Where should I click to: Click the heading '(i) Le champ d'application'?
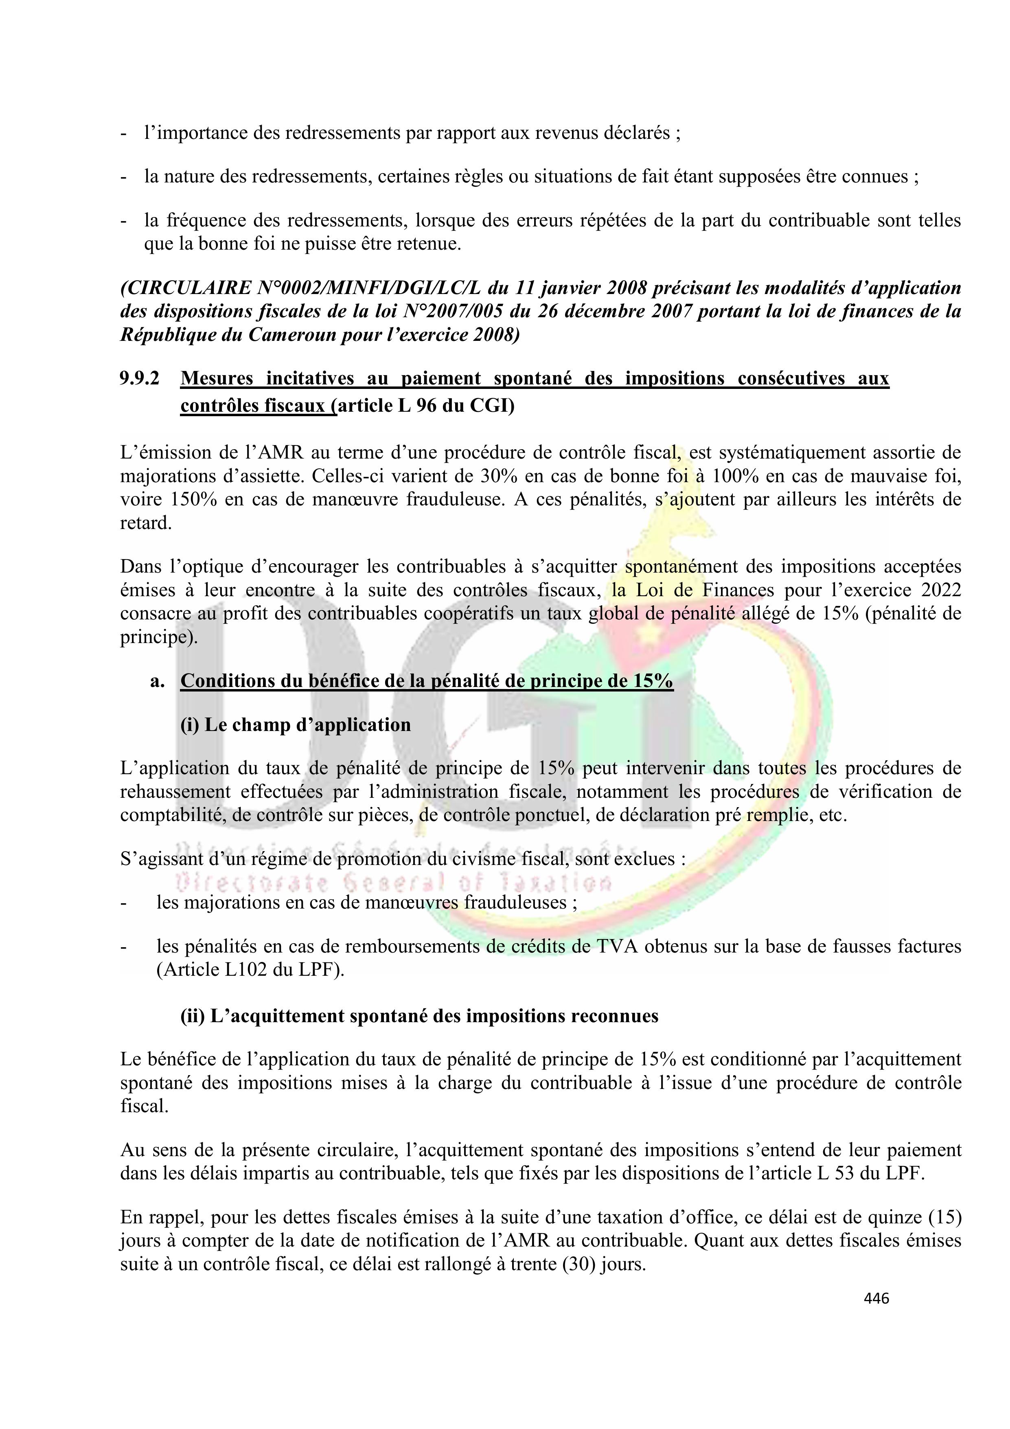296,724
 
